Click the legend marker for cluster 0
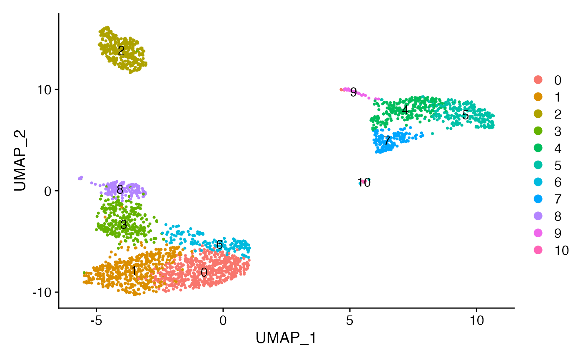coord(538,80)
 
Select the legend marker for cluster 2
coord(538,114)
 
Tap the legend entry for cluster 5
coord(538,165)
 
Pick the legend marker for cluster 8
coord(538,216)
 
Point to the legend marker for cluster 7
coord(538,199)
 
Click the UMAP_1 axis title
coord(286,338)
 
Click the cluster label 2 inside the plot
coord(121,51)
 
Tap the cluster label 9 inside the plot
coord(353,92)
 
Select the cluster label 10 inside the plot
coord(364,183)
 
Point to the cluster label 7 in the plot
coord(387,141)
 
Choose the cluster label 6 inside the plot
coord(219,245)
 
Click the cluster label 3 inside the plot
coord(123,225)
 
